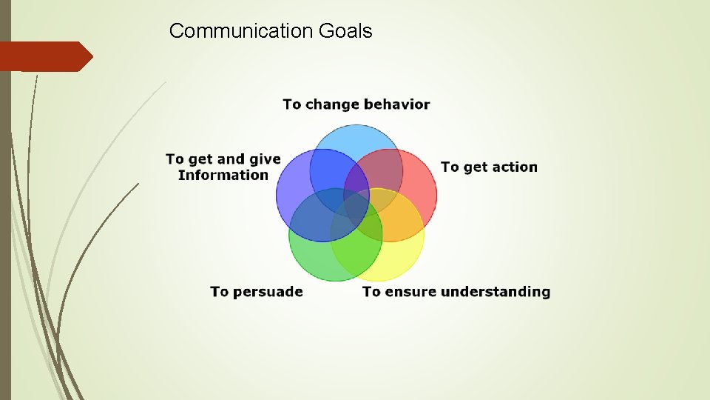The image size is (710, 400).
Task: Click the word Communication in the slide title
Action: (241, 31)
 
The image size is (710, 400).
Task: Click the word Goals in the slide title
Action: (346, 31)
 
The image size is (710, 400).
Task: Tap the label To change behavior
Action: (356, 104)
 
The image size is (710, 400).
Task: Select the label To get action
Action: (489, 167)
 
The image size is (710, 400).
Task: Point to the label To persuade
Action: (257, 292)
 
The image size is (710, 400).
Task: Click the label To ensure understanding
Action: (456, 292)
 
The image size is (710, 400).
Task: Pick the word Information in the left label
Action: (223, 176)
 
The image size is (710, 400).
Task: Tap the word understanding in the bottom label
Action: (496, 292)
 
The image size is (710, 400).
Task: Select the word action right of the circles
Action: (513, 167)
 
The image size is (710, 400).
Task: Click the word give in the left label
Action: (264, 159)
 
